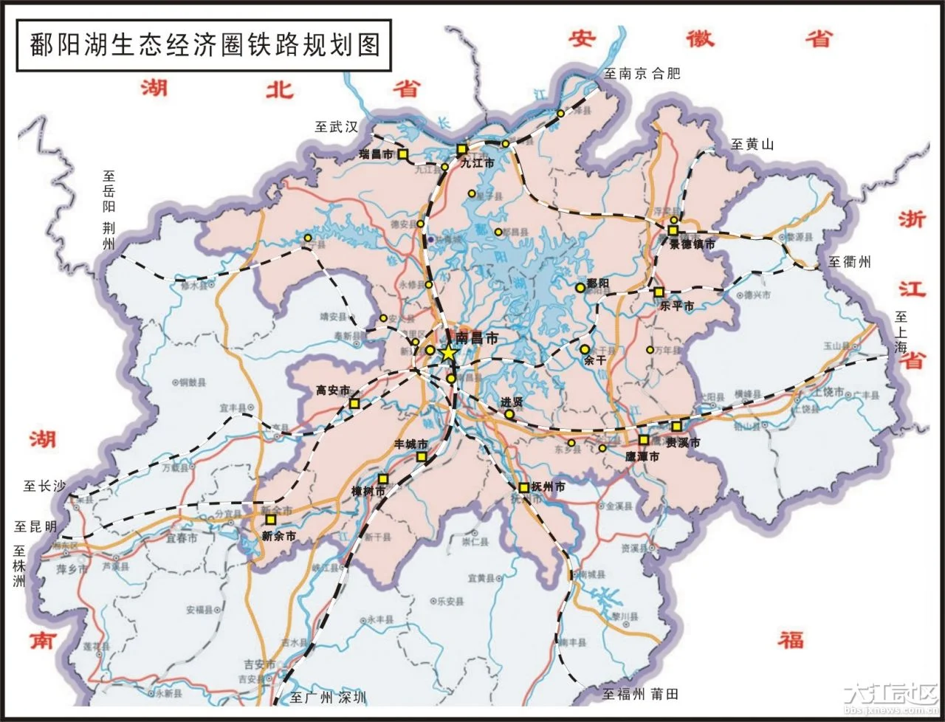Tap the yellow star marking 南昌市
pos(447,352)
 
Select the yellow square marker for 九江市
pos(462,148)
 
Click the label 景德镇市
pos(693,244)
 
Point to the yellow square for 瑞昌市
pos(403,154)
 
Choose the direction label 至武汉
pos(336,127)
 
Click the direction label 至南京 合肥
pos(642,73)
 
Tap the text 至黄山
pos(752,145)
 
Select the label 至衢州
pos(849,262)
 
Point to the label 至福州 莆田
pos(639,694)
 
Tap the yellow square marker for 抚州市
pos(523,487)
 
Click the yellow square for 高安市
pos(354,403)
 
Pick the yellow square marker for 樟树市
pos(382,479)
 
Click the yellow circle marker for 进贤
pos(509,414)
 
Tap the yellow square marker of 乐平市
pos(659,292)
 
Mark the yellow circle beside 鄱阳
pos(580,286)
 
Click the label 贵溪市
pos(683,443)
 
